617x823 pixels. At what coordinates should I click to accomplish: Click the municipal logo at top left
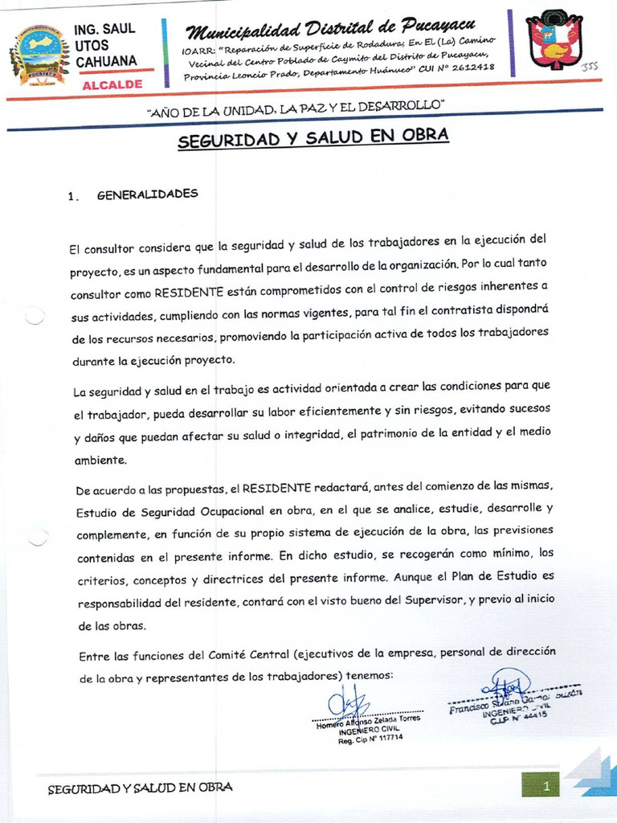point(39,54)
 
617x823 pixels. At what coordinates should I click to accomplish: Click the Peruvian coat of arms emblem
point(554,43)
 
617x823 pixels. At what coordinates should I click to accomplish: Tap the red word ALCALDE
point(112,84)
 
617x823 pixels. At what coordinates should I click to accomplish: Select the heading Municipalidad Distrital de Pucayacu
point(330,29)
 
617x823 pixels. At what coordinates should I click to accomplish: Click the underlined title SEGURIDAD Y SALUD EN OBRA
point(313,138)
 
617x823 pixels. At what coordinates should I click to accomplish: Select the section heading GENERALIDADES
point(147,194)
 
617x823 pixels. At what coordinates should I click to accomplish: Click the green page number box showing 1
point(540,785)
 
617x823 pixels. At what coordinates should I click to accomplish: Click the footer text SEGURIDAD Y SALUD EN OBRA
point(140,788)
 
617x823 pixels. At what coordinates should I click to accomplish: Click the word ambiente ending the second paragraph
point(100,461)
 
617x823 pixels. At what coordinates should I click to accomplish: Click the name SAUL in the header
point(119,30)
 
